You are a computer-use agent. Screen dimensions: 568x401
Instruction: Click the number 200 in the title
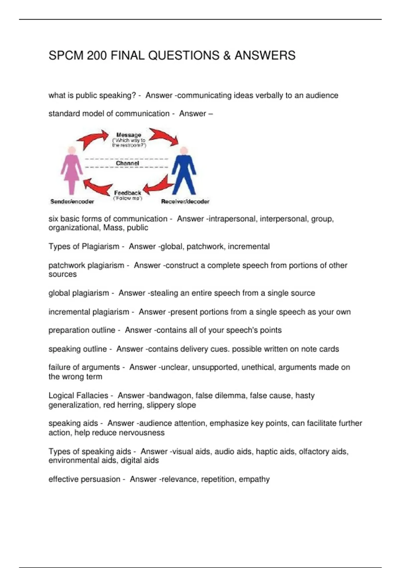97,55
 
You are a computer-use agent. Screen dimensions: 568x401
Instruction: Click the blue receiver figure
183,170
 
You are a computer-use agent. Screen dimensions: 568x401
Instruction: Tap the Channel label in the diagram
127,163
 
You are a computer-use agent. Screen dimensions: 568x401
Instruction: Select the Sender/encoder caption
72,201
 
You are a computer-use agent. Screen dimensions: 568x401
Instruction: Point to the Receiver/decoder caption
185,201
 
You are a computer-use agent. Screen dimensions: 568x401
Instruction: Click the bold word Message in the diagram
129,135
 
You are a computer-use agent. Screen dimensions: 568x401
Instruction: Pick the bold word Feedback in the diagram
128,193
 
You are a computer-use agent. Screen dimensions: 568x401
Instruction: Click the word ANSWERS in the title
265,55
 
